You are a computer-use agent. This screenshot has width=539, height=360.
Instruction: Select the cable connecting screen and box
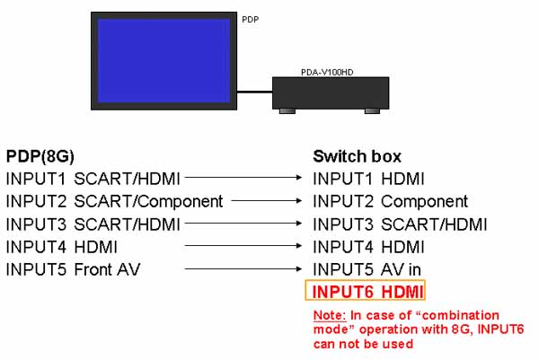pos(255,90)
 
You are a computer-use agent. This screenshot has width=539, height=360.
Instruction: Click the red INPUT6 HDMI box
pos(365,290)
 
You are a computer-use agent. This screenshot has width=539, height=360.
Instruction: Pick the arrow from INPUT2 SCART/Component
pos(266,200)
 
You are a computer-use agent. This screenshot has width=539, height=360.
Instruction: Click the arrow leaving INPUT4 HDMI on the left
pos(243,245)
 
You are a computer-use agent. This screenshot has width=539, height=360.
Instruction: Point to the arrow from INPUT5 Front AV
pos(243,268)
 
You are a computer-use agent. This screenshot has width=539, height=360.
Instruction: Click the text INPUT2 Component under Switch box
pos(390,200)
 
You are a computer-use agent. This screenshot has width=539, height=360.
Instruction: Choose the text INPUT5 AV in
pos(366,268)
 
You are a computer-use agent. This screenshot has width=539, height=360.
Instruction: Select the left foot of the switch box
pos(287,111)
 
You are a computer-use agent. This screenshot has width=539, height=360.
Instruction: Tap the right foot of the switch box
pos(371,111)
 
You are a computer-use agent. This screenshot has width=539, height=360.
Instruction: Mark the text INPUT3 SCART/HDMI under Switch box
pos(400,223)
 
